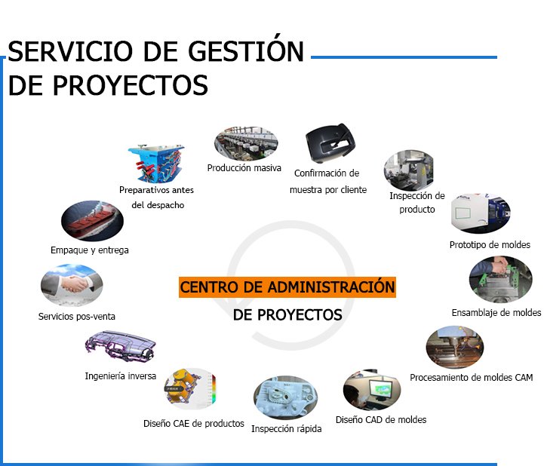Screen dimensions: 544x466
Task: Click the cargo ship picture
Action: tap(92, 221)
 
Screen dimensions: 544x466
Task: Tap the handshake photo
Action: tap(72, 285)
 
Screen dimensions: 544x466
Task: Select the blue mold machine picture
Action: tap(156, 164)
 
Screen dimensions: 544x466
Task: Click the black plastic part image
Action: tap(330, 143)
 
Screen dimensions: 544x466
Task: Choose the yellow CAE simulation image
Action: tap(190, 388)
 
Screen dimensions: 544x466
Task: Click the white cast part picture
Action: tap(285, 397)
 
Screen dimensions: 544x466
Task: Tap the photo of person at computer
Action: tap(372, 390)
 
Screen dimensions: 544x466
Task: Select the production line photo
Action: tap(246, 143)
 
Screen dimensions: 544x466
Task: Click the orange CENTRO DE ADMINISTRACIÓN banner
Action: tap(287, 287)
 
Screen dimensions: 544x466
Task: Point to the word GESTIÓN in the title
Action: tap(246, 51)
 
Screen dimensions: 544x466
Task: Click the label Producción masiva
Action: tap(244, 168)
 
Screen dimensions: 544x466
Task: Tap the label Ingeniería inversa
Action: tap(121, 376)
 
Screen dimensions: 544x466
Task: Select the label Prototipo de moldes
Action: tap(490, 245)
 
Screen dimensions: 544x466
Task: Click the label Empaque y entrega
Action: tap(90, 250)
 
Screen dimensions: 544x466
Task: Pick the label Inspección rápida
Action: tap(286, 429)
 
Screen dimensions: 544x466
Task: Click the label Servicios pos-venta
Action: tap(77, 317)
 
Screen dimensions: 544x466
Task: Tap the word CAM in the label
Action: tap(524, 377)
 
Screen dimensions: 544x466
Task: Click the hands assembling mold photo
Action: tap(500, 279)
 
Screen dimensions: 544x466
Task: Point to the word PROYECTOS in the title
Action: tap(131, 85)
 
